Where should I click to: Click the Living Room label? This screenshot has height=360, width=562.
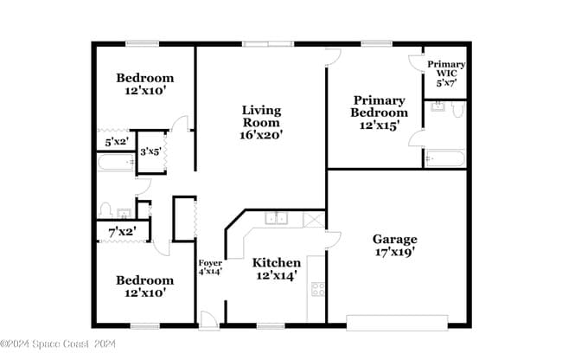pos(260,122)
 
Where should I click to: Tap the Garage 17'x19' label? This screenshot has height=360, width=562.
pos(394,245)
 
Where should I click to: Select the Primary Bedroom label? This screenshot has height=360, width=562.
pos(379,112)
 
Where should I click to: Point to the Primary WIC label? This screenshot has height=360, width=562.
pos(446,74)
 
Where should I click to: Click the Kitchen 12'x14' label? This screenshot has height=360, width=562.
pos(276,268)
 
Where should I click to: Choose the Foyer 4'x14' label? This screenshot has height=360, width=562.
pos(210,267)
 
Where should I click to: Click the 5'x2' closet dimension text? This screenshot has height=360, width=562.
pos(116,141)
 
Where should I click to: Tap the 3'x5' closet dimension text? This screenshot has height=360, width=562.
pos(150,152)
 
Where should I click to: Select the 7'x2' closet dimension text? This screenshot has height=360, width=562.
pos(122,231)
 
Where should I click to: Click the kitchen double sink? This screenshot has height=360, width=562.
pos(277,218)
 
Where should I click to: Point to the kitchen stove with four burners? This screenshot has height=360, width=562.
pos(317,290)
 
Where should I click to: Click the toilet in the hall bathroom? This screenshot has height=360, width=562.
pos(105,209)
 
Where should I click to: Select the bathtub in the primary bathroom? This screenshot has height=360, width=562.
pos(445,159)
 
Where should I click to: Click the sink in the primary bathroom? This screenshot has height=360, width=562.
pos(438,108)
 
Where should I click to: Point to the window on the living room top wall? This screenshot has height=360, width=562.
pos(268,43)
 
